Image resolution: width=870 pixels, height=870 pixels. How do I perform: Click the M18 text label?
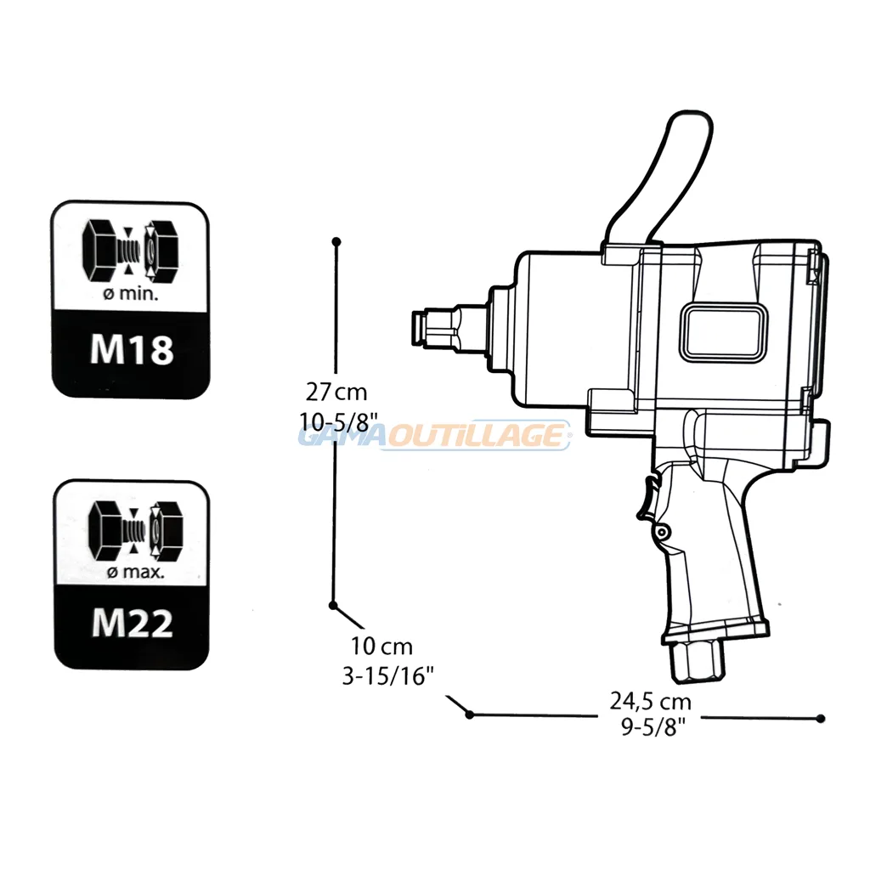click(132, 349)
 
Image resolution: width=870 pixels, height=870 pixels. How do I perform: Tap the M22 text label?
click(132, 623)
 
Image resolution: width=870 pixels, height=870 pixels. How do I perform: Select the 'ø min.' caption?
click(131, 293)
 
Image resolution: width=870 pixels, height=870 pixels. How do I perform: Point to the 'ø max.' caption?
click(135, 571)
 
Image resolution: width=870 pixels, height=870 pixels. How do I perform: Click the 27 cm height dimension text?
click(336, 393)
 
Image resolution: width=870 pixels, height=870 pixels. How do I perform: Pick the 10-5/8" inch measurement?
click(338, 421)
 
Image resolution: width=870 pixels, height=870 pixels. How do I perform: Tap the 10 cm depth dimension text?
click(381, 647)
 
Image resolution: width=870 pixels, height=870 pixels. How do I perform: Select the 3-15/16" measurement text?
click(387, 675)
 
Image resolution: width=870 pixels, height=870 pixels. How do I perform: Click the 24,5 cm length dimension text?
click(650, 701)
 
